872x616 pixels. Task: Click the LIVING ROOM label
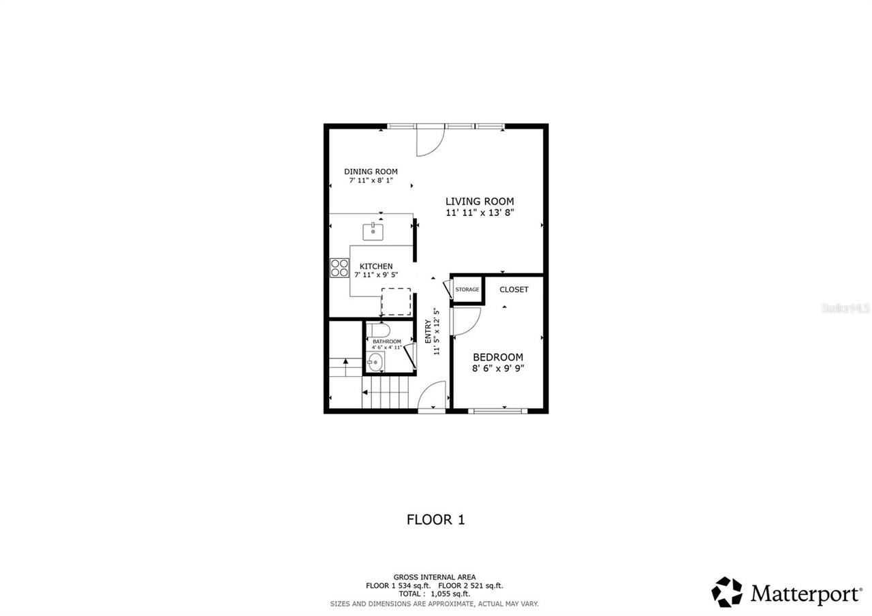click(480, 201)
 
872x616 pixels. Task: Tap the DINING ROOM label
click(371, 172)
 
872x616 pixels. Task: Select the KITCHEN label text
click(376, 266)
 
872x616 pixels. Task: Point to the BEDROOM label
click(498, 357)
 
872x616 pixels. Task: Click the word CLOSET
click(514, 290)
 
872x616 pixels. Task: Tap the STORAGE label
click(467, 290)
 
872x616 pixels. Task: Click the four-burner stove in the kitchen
click(339, 268)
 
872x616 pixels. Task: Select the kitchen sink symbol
click(373, 232)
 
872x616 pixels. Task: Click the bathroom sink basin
click(375, 362)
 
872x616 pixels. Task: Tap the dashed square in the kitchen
click(396, 302)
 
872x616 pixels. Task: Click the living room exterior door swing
click(429, 141)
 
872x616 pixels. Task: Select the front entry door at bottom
click(432, 397)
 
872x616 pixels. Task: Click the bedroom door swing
click(466, 321)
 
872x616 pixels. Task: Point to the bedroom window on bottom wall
click(498, 410)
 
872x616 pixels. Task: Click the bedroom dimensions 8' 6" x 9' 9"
click(498, 369)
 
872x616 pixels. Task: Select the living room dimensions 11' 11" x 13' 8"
click(480, 213)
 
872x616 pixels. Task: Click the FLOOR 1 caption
click(435, 519)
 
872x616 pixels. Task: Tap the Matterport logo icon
click(727, 591)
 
